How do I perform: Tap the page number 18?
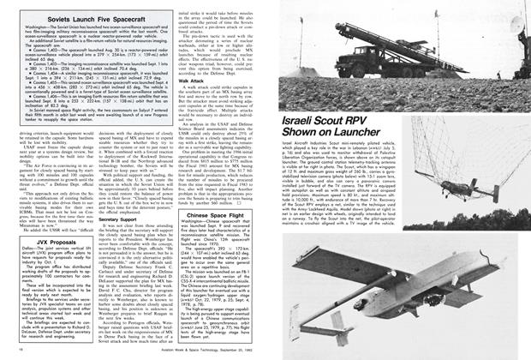pos(19,352)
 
